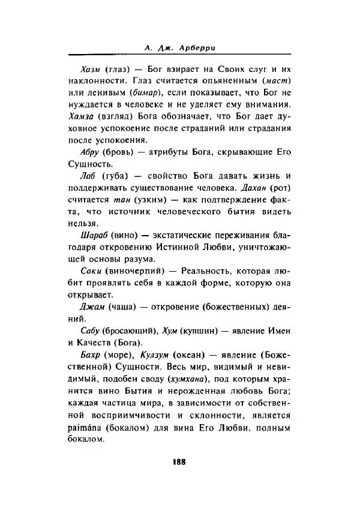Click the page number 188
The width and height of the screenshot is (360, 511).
179,462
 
